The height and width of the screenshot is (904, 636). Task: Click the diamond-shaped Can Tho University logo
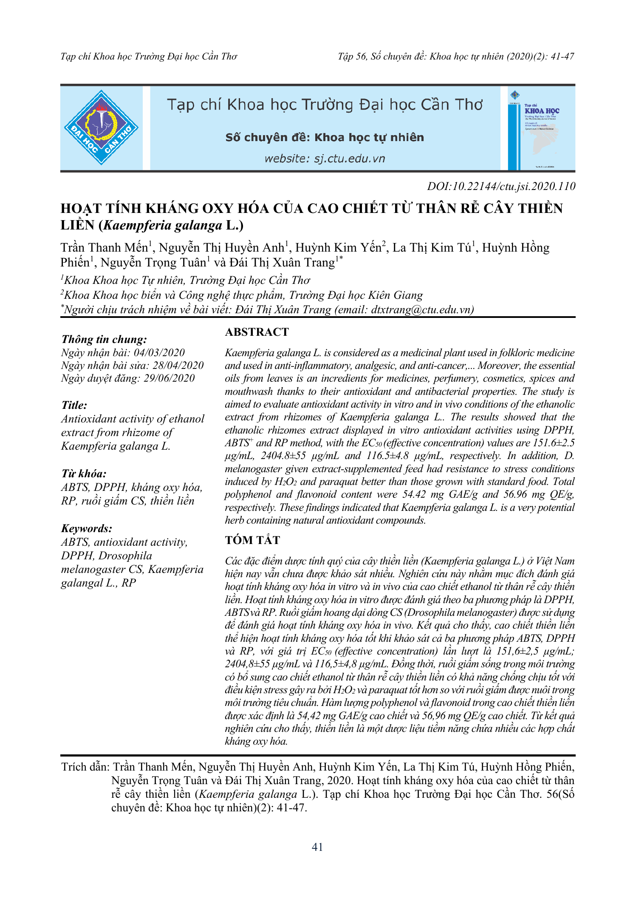101,128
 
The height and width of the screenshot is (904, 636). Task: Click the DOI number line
501,186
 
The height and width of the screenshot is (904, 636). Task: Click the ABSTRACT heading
257,332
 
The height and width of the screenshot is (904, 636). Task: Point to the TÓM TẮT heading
252,540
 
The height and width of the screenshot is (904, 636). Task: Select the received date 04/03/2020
159,353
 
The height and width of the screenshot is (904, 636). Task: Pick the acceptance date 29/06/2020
169,378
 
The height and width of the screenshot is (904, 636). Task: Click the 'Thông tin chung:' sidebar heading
104,339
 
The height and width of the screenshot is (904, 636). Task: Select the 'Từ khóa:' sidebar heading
84,473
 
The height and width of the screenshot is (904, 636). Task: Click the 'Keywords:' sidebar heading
87,528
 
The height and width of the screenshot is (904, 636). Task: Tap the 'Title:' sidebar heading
74,405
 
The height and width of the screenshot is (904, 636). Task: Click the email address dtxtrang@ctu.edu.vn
421,309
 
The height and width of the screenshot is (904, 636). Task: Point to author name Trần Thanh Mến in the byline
104,247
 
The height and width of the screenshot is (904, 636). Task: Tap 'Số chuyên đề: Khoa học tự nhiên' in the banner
325,137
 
